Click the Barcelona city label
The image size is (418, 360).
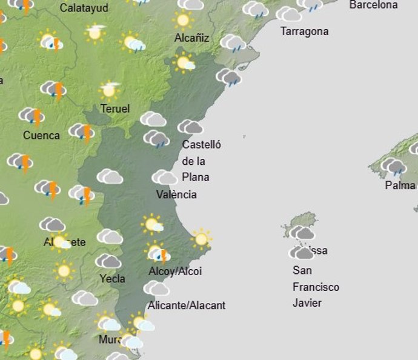coord(374,5)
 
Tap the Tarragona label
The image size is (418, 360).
coord(304,32)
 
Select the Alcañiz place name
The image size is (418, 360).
coord(191,38)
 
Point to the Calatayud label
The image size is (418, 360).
coord(84,8)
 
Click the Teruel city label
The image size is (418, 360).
coord(114,109)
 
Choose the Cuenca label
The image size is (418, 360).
coord(41,135)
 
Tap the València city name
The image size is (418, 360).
coord(176,195)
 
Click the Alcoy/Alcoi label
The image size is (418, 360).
coord(175,272)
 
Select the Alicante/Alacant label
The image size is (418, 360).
coord(187,305)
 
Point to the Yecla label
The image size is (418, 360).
coord(112,279)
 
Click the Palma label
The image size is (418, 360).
coord(400,185)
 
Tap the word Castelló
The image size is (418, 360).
coord(202,145)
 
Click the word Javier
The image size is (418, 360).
coord(307,303)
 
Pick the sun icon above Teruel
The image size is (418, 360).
coord(109,90)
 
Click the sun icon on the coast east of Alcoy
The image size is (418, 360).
coord(201,239)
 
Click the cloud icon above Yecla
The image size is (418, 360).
coord(108,261)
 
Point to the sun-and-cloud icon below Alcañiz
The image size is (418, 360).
coord(184,62)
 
